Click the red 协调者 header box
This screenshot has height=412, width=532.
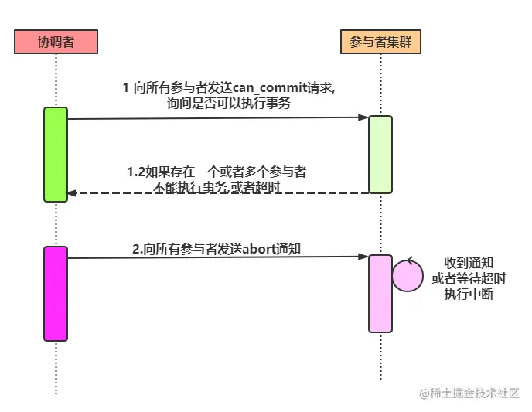click(56, 41)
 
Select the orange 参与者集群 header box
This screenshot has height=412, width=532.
click(380, 41)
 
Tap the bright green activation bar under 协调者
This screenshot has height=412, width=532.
click(56, 155)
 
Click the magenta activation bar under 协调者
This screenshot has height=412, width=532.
click(56, 293)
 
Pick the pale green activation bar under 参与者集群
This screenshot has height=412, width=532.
click(380, 154)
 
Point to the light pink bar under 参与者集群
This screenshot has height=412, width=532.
click(380, 293)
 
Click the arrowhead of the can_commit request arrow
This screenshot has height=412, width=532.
click(363, 117)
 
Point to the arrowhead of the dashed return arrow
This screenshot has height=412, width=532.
click(72, 193)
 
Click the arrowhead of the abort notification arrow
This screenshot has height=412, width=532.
click(363, 257)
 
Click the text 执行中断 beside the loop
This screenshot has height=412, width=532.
click(469, 294)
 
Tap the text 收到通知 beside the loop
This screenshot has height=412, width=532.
click(469, 262)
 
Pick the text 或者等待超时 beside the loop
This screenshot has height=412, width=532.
click(469, 278)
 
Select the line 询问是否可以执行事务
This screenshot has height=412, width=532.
click(234, 104)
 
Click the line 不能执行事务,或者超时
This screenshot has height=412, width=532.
click(217, 187)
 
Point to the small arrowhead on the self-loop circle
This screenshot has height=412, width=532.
click(410, 261)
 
